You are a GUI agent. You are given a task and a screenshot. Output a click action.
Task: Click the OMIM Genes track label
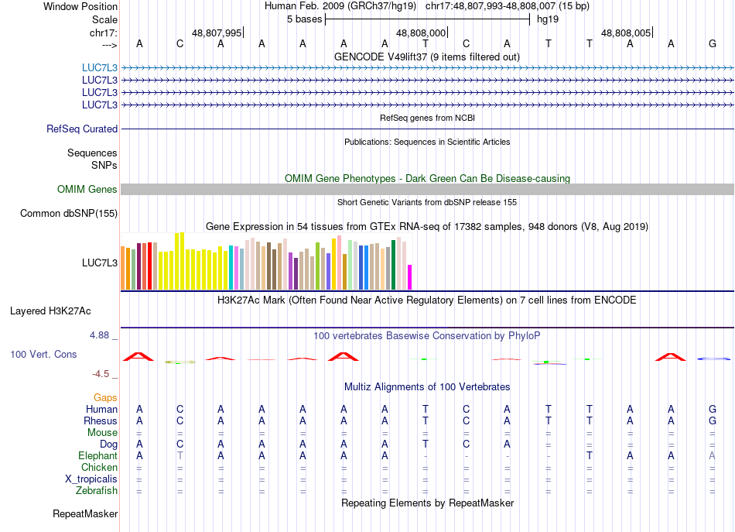pos(87,190)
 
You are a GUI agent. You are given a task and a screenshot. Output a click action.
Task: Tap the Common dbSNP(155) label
pos(69,214)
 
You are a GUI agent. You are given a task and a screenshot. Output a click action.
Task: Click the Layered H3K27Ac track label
pos(50,311)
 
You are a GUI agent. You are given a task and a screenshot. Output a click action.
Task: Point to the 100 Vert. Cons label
pos(43,354)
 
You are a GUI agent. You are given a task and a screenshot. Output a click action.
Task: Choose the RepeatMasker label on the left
pos(85,513)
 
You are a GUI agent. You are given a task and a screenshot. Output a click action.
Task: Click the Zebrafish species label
pos(97,490)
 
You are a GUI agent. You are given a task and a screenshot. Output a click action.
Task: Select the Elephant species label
pos(97,456)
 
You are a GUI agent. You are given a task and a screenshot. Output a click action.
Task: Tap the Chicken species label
pos(99,468)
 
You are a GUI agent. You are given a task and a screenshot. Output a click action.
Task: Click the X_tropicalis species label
pos(91,479)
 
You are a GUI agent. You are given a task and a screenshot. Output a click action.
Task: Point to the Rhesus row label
pos(101,421)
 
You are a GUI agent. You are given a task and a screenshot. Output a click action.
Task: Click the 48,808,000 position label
pos(421,33)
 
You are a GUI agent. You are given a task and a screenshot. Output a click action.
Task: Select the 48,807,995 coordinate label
pos(217,33)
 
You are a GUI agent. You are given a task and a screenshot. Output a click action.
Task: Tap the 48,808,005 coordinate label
pos(626,33)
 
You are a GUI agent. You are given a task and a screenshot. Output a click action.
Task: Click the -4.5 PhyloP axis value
pos(101,374)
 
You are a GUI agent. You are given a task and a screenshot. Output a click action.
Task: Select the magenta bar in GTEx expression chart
pos(410,276)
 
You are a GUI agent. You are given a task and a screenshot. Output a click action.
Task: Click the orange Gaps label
pos(105,398)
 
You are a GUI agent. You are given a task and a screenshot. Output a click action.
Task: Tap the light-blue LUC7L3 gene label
pos(100,67)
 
